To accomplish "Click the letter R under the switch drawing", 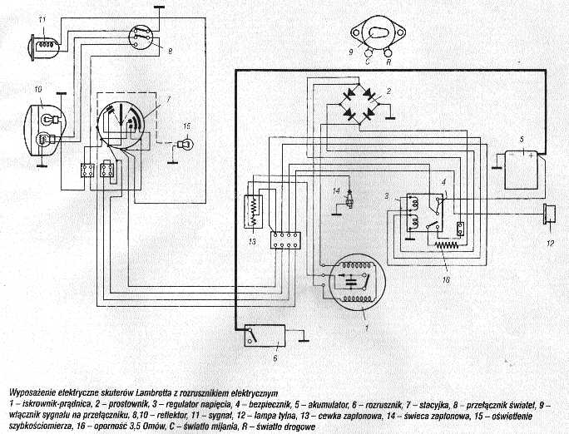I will point(389,61).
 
